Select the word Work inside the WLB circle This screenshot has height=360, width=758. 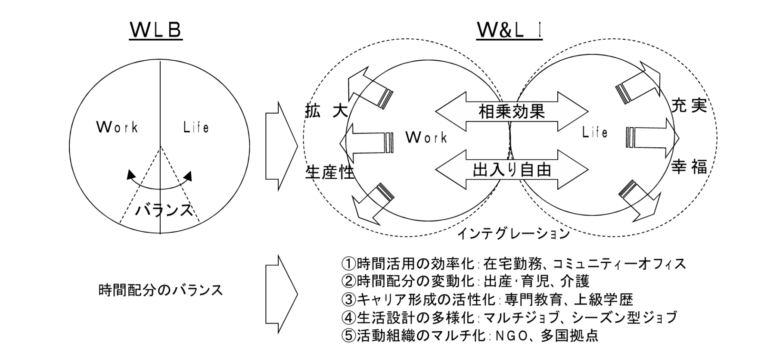pos(117,127)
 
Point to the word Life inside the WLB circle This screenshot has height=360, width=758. pos(196,127)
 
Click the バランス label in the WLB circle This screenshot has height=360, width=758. pos(164,210)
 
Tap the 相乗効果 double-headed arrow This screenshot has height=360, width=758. pos(512,112)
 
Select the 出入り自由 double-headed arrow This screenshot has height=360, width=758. pos(512,170)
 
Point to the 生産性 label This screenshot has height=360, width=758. pos(329,172)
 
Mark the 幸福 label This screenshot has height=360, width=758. pos(689,168)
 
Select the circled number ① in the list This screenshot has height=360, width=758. pos(348,263)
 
